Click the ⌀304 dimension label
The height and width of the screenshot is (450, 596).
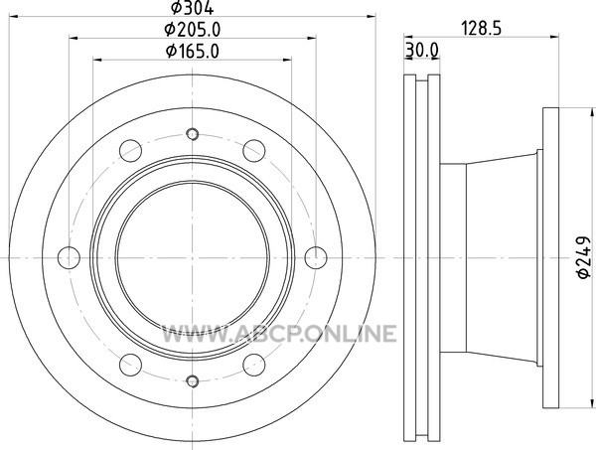(x=192, y=8)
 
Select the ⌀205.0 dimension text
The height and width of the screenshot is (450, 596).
(x=193, y=30)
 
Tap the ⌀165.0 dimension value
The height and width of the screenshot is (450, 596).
(x=193, y=52)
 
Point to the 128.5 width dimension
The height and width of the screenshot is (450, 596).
(x=481, y=29)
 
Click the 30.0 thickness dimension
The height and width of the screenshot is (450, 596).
(x=422, y=50)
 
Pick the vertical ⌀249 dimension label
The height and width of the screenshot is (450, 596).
(x=584, y=257)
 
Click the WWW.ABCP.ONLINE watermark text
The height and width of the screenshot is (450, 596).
(x=279, y=334)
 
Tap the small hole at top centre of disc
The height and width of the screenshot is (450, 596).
(x=193, y=134)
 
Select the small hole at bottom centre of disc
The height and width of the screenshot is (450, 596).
(x=193, y=380)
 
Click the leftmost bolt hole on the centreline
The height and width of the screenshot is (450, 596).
(x=69, y=257)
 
